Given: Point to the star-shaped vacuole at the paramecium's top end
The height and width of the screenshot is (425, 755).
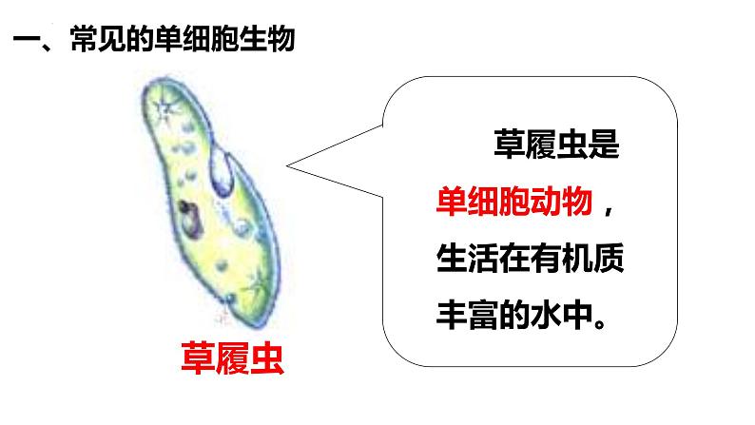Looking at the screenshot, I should click(167, 104).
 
